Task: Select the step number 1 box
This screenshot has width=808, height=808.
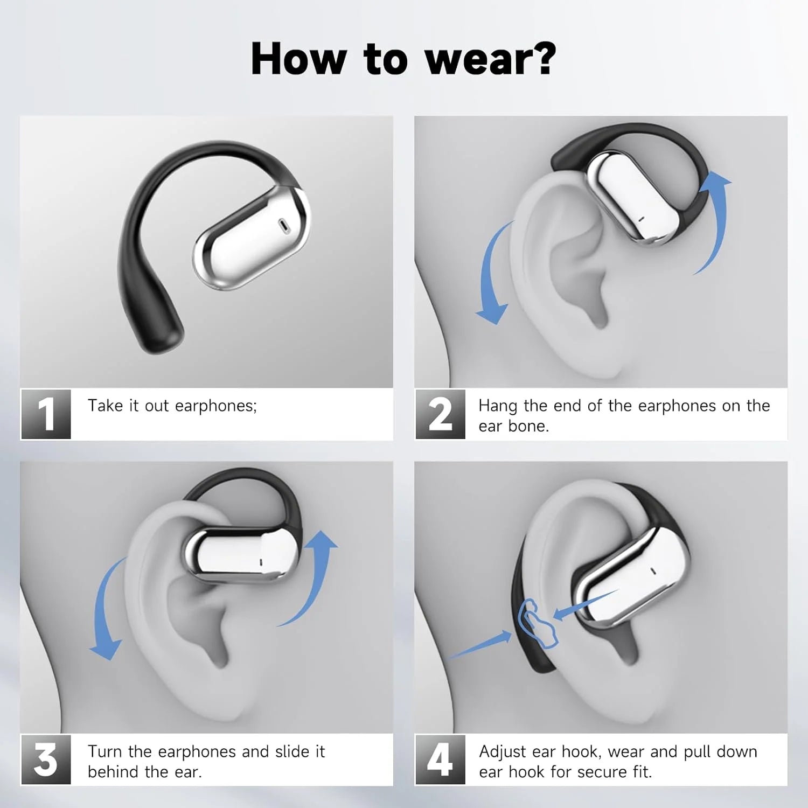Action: [46, 414]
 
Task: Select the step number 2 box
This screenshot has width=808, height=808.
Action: [440, 414]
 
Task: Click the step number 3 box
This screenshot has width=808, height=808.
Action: [46, 760]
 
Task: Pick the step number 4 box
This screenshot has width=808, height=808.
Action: [440, 760]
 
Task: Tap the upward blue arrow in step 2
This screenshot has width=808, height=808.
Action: [716, 215]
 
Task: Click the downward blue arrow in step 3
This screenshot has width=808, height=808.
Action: [105, 614]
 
